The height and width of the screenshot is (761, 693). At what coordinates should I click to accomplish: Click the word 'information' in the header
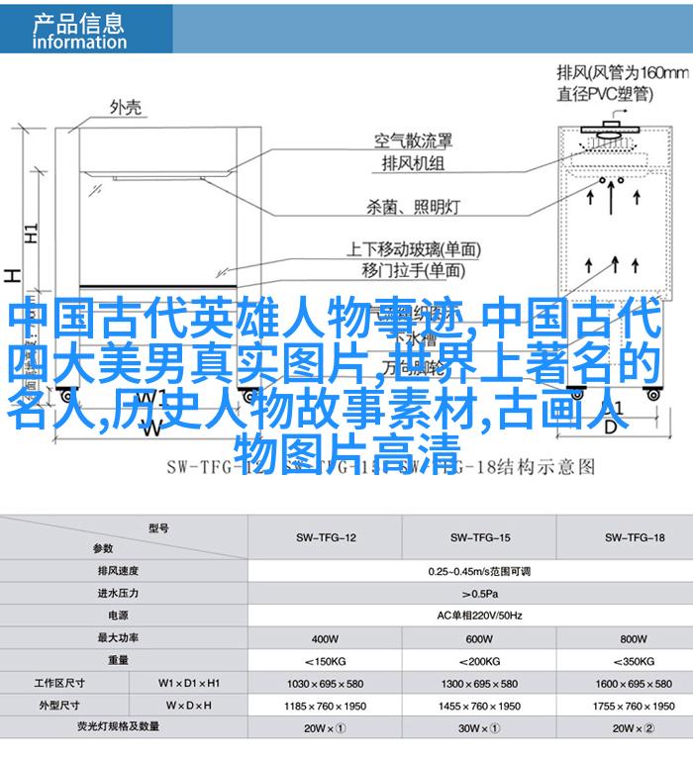point(79,43)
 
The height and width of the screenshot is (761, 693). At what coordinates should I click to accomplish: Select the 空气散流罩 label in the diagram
point(413,141)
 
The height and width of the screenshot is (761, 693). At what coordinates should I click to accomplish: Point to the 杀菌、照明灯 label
point(413,207)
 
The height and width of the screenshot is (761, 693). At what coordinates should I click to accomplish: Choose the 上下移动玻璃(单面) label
point(413,249)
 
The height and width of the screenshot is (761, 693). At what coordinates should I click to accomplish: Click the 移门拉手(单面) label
point(413,269)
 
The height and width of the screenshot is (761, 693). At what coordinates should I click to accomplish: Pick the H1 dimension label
point(32,235)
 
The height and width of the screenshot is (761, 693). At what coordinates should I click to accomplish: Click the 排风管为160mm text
point(622,73)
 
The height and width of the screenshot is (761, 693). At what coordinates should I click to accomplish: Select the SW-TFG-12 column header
point(326,537)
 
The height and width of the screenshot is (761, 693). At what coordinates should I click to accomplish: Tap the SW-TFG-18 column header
point(633,537)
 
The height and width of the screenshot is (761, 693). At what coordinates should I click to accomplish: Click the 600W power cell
point(478,637)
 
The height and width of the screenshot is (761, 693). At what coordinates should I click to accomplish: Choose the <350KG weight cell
point(633,660)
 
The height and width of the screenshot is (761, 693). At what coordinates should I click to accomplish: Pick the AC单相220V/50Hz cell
point(479,615)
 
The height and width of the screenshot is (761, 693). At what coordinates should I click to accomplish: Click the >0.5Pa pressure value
point(479,593)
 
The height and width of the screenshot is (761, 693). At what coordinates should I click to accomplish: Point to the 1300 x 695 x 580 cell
point(479,683)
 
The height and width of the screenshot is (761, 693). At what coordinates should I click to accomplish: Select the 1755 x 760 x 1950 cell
point(633,706)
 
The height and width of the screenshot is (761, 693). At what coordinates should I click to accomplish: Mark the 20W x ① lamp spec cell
point(326,727)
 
